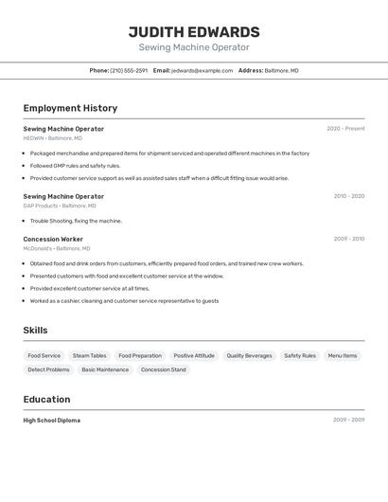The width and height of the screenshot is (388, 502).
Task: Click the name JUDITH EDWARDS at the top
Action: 194,32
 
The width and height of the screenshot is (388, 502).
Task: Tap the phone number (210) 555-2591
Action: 129,70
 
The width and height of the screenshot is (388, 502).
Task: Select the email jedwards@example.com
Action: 203,70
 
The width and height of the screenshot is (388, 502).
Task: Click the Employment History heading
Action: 70,108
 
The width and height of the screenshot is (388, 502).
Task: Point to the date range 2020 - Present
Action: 345,129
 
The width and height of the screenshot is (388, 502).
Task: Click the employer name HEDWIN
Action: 33,138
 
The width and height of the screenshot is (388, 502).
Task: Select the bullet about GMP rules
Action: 75,165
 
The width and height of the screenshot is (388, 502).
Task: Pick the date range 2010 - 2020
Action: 348,196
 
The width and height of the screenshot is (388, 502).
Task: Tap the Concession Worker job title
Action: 53,239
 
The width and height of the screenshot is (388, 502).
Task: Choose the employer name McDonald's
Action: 39,248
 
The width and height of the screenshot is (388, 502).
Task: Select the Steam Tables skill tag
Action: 90,356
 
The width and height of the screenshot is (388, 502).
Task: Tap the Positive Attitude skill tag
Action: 194,356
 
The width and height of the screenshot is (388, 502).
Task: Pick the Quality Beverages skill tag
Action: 249,356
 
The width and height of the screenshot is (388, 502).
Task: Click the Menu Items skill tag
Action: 343,356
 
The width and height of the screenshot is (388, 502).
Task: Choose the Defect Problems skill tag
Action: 48,369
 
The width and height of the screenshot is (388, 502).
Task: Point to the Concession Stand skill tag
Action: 163,369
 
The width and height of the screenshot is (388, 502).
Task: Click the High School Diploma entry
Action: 52,420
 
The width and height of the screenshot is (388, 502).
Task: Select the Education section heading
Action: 46,399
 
